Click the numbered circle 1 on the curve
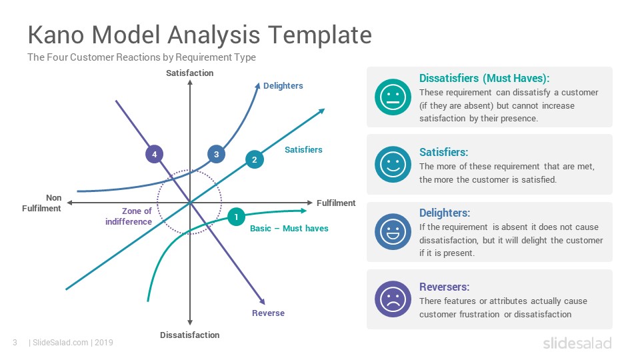(x=236, y=217)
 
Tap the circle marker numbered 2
(x=254, y=159)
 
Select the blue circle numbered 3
(x=216, y=154)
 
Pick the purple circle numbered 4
(x=154, y=154)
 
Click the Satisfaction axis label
(x=190, y=73)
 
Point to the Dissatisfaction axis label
(x=190, y=335)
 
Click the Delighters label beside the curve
(x=283, y=86)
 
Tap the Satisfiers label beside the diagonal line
(x=303, y=150)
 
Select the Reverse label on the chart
(x=268, y=313)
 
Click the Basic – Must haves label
(x=289, y=229)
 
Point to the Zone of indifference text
(x=129, y=216)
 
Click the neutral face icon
(x=393, y=97)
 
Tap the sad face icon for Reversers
(x=393, y=299)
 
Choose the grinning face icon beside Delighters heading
(x=393, y=232)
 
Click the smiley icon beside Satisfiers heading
(x=393, y=165)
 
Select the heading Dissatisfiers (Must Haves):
(x=485, y=79)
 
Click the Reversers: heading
(x=445, y=287)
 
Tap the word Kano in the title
(x=57, y=35)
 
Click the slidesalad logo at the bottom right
(x=577, y=343)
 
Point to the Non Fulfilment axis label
(x=41, y=203)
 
